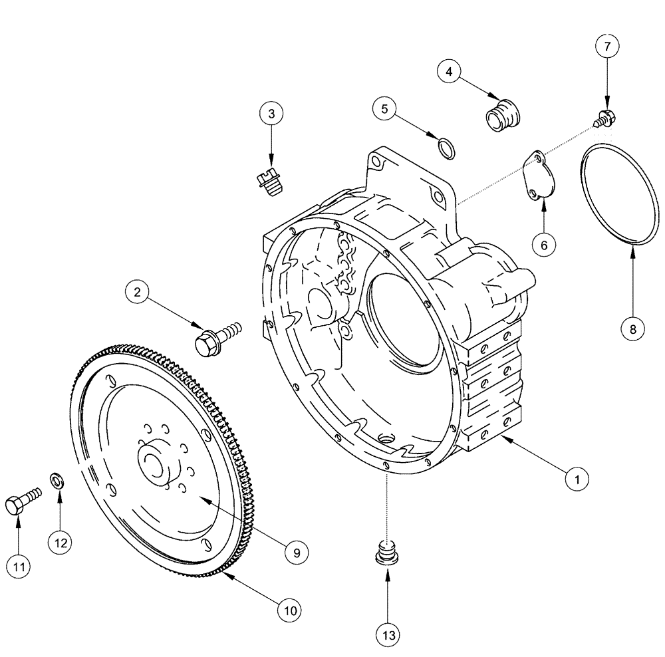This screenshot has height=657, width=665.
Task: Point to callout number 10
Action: click(x=290, y=608)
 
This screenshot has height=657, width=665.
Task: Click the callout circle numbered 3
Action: click(x=271, y=114)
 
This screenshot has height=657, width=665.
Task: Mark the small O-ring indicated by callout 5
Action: click(x=449, y=148)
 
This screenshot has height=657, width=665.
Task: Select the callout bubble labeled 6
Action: click(x=544, y=245)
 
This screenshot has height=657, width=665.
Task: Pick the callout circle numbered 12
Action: click(x=61, y=542)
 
